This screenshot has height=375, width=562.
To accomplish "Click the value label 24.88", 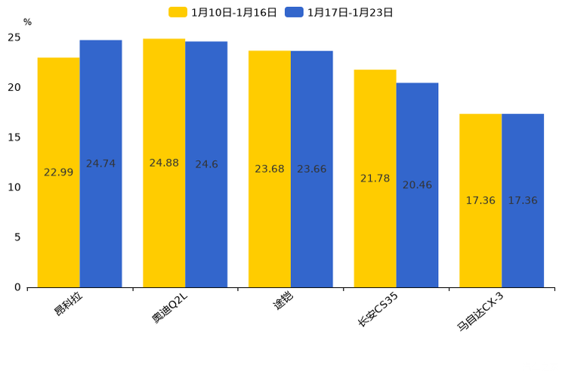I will coord(164,163).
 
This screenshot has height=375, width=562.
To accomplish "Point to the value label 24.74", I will coord(100,164).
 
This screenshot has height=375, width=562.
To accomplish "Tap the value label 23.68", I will coord(270,169).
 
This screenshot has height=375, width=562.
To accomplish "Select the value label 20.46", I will coord(417,185).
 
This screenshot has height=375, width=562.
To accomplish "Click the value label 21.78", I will coord(375,178).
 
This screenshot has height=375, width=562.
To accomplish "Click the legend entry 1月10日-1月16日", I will coord(224,12).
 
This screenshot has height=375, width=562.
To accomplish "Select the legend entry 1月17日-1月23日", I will coord(340,12).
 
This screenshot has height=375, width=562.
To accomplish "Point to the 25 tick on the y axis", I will coord(14,38).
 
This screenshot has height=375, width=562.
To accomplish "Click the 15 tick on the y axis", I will coord(14,138).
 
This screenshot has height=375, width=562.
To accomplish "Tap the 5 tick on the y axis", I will coord(17,237).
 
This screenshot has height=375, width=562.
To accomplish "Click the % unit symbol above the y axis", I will coord(27,23).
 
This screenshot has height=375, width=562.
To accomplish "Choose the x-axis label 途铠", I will coord(283,302).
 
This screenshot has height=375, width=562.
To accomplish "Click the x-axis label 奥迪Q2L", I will coord(169,308).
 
